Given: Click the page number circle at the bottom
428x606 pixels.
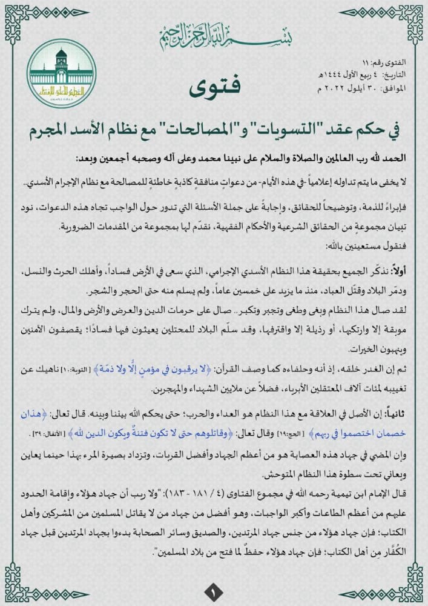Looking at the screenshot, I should (213, 590).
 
